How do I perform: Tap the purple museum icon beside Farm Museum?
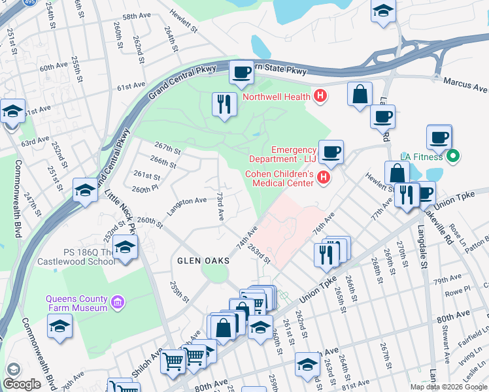118,302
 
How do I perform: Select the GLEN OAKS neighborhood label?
203,261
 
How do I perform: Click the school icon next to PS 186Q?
125,248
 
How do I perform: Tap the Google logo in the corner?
22,384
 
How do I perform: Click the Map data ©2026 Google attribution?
449,387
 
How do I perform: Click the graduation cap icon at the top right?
383,11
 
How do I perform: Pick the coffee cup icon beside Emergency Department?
331,152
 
